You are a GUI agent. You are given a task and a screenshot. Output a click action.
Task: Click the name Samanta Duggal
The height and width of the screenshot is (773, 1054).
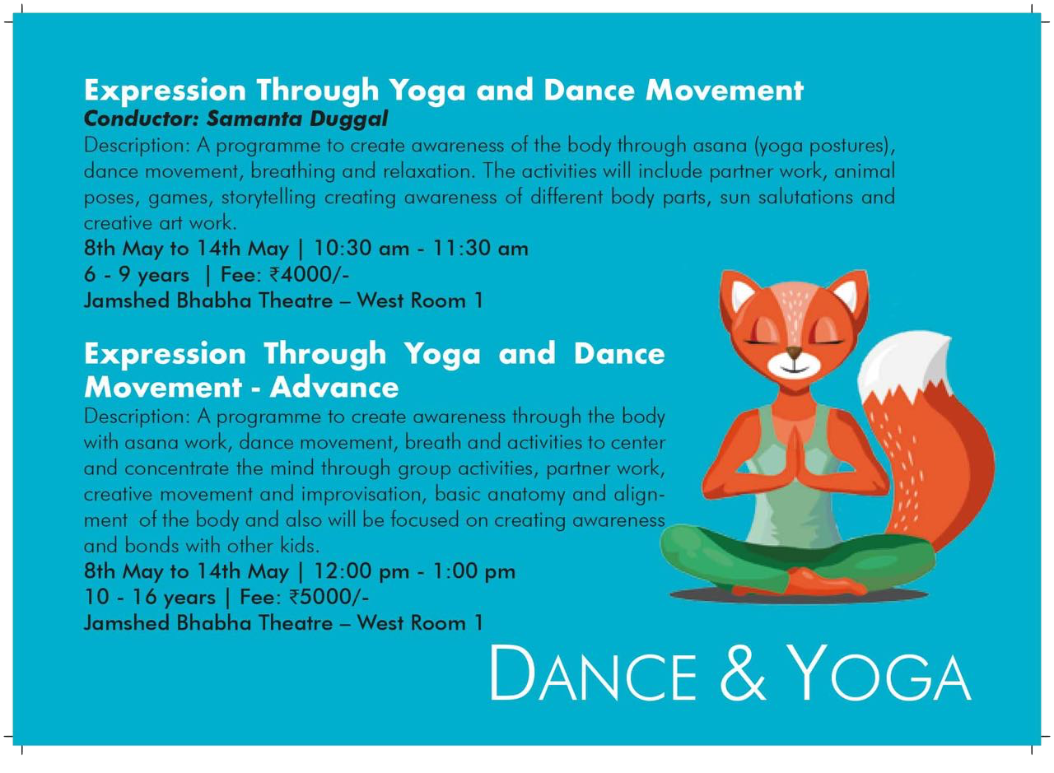pyautogui.click(x=297, y=119)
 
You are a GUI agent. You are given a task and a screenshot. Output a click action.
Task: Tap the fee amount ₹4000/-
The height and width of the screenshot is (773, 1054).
pyautogui.click(x=309, y=274)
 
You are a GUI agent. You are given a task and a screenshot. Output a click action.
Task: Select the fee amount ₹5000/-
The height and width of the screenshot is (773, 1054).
pyautogui.click(x=329, y=597)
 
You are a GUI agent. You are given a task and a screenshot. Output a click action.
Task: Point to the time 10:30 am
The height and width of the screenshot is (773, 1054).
pyautogui.click(x=361, y=249)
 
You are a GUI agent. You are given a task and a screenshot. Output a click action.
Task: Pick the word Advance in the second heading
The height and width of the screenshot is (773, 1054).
pyautogui.click(x=334, y=387)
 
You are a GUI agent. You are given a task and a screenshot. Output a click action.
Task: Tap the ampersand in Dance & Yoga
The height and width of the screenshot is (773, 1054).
pyautogui.click(x=743, y=673)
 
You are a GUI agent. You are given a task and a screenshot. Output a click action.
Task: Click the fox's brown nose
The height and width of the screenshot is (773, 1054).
pyautogui.click(x=795, y=351)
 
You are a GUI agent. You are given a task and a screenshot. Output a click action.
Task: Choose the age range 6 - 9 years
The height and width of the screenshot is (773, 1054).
pyautogui.click(x=137, y=275)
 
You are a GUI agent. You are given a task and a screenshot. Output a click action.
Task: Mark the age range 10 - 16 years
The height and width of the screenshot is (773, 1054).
pyautogui.click(x=150, y=598)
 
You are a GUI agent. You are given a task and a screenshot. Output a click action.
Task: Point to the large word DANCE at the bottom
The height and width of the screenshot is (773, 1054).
pyautogui.click(x=593, y=673)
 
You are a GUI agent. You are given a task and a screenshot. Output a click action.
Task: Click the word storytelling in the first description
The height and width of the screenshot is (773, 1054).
pyautogui.click(x=268, y=197)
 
